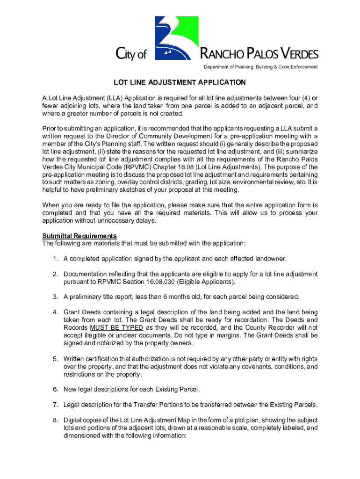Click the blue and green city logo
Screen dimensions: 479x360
(176, 38)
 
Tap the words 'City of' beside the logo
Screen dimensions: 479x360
(131, 54)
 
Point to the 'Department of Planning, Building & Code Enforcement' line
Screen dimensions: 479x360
(260, 67)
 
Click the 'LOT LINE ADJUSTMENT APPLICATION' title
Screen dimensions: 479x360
(180, 83)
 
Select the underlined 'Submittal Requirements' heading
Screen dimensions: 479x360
(79, 236)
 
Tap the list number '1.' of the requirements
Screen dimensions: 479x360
(55, 258)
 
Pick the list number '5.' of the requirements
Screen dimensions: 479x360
(55, 359)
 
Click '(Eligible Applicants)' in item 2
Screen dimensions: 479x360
(210, 282)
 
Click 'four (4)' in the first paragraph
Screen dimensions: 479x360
(296, 98)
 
